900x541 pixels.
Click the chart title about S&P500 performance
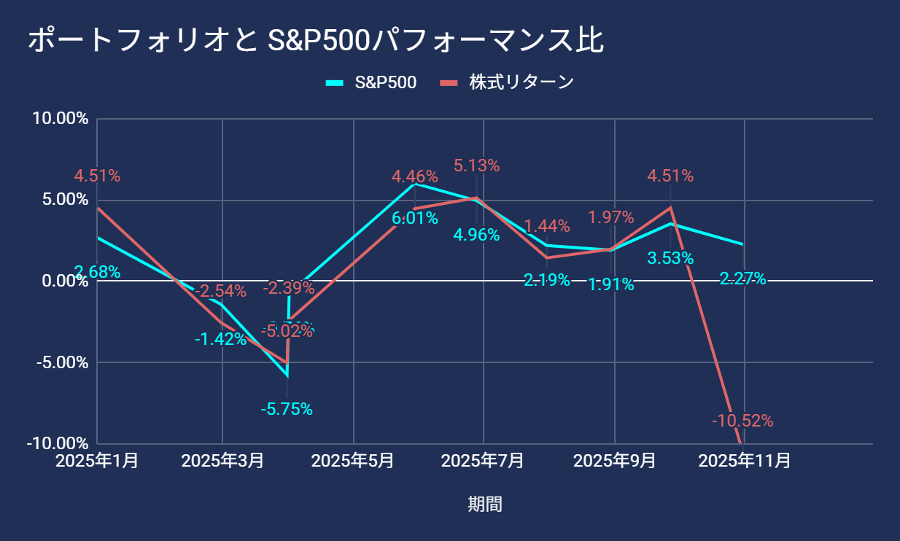[x=316, y=40]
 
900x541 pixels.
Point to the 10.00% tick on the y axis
[x=61, y=118]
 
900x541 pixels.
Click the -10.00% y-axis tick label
[x=58, y=443]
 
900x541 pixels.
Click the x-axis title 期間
[x=485, y=504]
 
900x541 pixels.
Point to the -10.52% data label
[x=742, y=421]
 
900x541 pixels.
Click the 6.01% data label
[x=415, y=217]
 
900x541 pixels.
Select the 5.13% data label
[x=476, y=166]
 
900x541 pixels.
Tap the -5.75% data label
[x=287, y=409]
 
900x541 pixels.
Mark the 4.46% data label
[x=414, y=176]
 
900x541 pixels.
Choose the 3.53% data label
[x=670, y=257]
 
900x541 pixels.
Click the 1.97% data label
[x=610, y=217]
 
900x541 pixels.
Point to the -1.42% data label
[x=221, y=338]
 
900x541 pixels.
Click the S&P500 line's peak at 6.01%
[x=415, y=184]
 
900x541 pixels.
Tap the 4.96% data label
[x=476, y=235]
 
